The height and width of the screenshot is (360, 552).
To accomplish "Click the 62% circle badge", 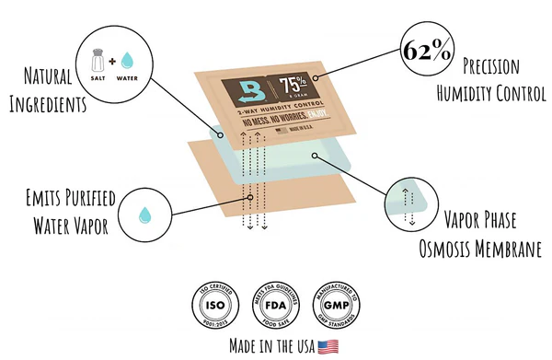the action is click(426, 51).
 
